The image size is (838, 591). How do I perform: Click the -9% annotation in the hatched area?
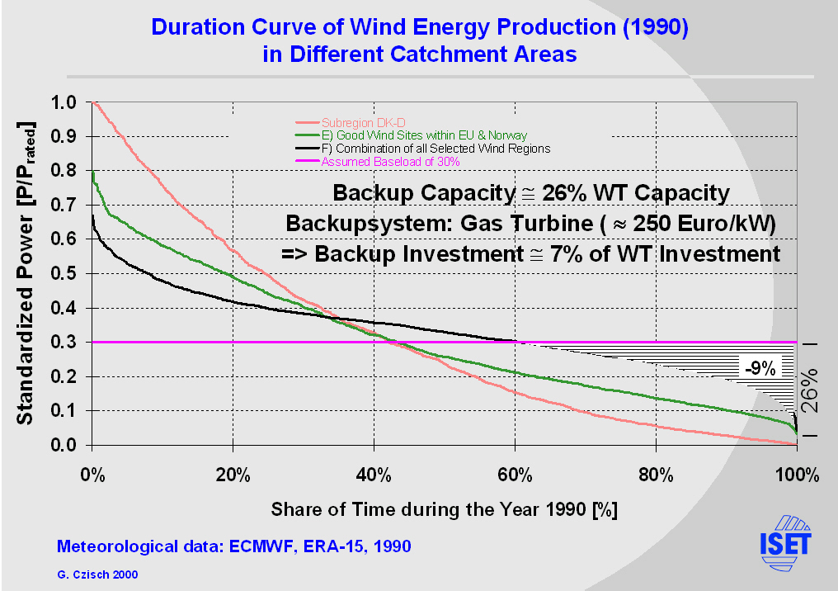click(x=759, y=368)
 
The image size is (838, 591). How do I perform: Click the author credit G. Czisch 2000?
click(x=97, y=573)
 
